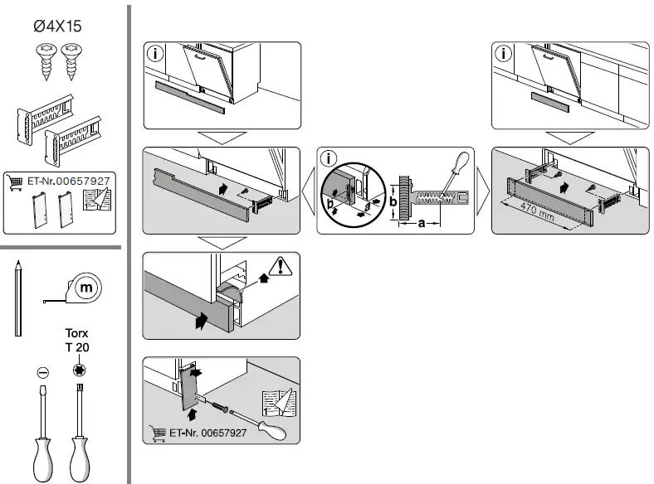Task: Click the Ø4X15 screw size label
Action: pos(57,27)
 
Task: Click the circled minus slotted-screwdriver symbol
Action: pos(42,371)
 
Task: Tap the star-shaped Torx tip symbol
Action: pos(80,370)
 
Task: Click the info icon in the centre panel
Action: pos(329,158)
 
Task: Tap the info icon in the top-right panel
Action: pos(503,54)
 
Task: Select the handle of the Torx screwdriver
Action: pos(81,456)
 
